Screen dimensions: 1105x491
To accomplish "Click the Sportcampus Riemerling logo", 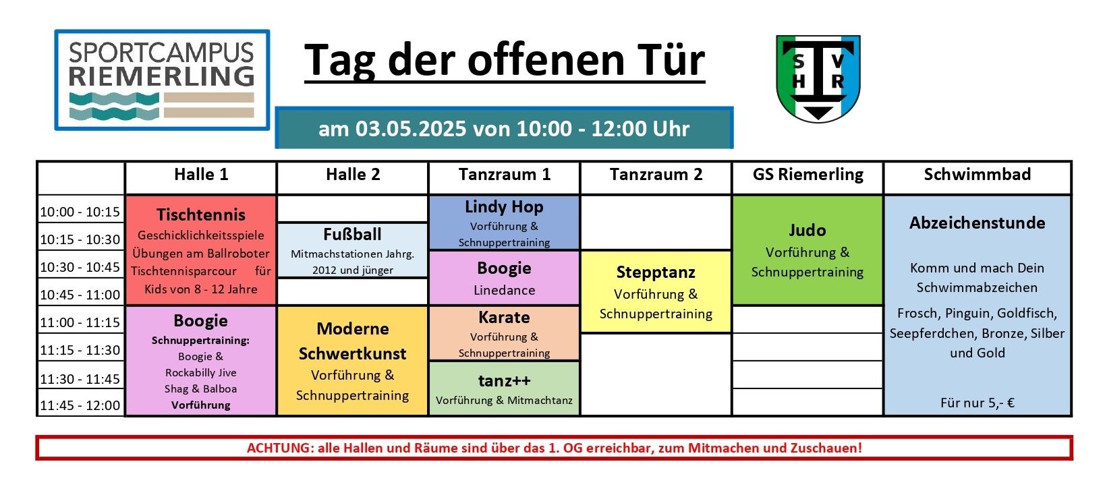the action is click(x=162, y=80).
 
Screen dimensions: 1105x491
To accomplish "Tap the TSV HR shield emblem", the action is click(x=818, y=78).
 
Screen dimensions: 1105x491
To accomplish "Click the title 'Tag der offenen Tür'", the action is click(x=504, y=61).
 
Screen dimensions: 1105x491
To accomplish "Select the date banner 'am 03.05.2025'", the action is click(x=504, y=127).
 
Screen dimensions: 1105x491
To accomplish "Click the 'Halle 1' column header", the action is click(x=201, y=174).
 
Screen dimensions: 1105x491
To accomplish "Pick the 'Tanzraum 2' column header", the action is click(x=656, y=174).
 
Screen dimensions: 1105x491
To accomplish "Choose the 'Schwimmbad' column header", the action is click(x=978, y=174).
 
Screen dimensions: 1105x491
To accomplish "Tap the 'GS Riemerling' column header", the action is click(x=808, y=174).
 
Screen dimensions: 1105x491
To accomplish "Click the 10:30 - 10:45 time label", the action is click(x=80, y=266).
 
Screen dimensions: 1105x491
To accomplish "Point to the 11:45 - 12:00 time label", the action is click(x=80, y=405).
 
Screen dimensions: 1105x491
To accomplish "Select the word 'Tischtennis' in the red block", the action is click(x=201, y=214).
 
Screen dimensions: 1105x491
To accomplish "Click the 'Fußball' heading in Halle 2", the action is click(x=352, y=234).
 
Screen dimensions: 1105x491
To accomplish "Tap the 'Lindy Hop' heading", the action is click(x=504, y=206).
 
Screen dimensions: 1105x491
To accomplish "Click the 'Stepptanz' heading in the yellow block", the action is click(x=656, y=272).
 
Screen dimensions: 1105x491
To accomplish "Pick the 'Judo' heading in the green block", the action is click(x=807, y=230).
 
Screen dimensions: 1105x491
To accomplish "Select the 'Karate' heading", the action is click(x=504, y=318).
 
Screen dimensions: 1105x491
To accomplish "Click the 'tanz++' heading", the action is click(x=504, y=380).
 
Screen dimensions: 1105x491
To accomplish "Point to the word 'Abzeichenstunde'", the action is click(x=978, y=223).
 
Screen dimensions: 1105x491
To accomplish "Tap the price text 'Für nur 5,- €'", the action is click(x=978, y=403).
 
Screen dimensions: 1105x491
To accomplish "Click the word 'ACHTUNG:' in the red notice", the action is click(x=280, y=448).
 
